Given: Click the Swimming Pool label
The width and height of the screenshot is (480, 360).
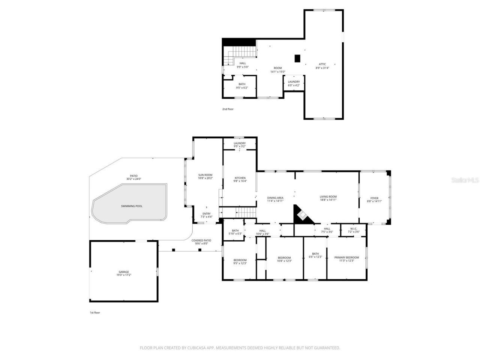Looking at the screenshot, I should [x=132, y=206].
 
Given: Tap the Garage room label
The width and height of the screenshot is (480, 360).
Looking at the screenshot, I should [x=124, y=272].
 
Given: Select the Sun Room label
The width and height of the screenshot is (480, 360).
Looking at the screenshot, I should [x=205, y=175].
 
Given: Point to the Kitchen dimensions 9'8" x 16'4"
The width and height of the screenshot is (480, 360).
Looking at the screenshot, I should [x=240, y=181].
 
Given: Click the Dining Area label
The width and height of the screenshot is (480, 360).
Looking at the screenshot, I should [x=275, y=198].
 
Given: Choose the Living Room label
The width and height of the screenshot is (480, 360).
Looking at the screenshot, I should [x=328, y=197].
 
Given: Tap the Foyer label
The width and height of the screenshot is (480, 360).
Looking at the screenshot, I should [x=374, y=198].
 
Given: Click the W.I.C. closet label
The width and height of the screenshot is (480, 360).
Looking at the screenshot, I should [x=354, y=228].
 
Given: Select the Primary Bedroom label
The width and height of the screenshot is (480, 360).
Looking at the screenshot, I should [x=346, y=258].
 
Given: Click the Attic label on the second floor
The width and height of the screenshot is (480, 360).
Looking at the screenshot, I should [x=322, y=64].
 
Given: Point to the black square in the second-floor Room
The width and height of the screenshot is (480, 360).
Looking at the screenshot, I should [x=297, y=58].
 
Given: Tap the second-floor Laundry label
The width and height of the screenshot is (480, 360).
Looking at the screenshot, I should [x=294, y=82].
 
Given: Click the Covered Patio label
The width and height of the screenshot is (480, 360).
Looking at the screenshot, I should [x=201, y=240].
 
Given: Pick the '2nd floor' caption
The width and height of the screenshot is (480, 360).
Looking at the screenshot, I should [x=228, y=109].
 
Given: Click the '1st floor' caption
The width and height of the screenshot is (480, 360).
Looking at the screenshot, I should [x=94, y=312].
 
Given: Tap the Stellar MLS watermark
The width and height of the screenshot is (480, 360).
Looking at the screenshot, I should [x=465, y=180].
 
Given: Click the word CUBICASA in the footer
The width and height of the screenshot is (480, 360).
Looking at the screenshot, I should [x=199, y=348].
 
